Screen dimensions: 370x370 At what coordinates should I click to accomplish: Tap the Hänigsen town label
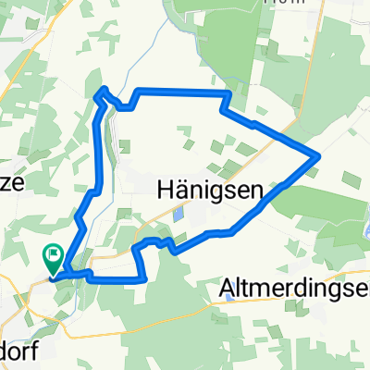pyautogui.click(x=204, y=190)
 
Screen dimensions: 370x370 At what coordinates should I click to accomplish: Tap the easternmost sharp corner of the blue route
pyautogui.click(x=319, y=155)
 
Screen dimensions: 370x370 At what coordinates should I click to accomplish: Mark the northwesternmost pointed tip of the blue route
pyautogui.click(x=102, y=89)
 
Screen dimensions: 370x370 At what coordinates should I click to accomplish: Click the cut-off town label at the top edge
pyautogui.click(x=277, y=3)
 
